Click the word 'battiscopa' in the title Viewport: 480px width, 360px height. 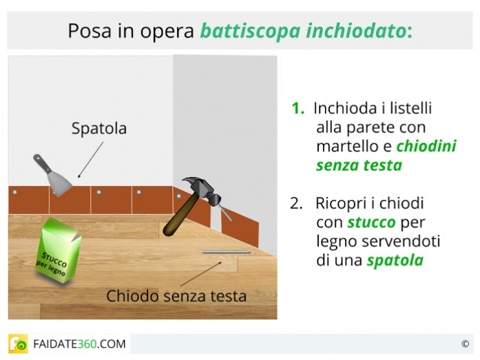250,32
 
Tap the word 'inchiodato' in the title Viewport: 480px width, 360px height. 357,31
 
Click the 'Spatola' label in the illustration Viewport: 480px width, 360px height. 99,128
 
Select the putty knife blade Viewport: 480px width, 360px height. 60,183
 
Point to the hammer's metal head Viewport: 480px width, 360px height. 203,189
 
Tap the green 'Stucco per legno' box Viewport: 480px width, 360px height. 58,250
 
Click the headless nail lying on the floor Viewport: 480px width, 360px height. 226,252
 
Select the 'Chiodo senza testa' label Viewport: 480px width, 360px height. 176,296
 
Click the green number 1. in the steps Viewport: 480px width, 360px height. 298,108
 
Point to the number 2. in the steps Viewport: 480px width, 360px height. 296,203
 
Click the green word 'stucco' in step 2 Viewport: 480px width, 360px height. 372,223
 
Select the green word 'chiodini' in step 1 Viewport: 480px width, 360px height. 426,146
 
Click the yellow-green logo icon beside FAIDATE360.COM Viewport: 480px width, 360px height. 18,344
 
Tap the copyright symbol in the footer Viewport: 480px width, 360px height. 465,344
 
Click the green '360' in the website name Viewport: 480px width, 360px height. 88,344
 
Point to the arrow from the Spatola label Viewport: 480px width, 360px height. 91,160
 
